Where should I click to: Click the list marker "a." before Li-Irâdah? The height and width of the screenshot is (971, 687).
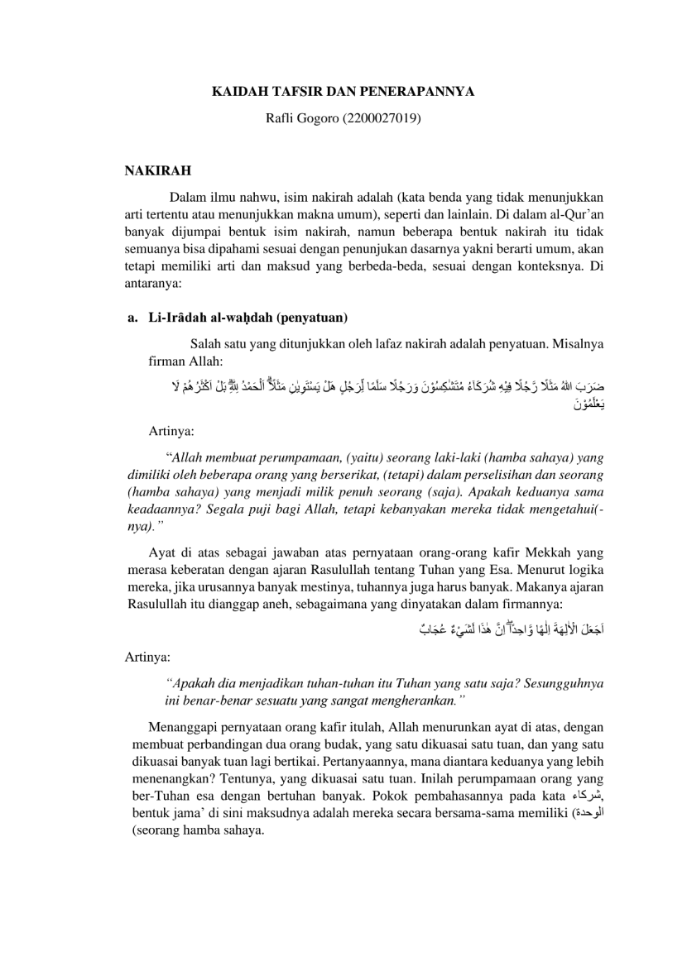(132, 317)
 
